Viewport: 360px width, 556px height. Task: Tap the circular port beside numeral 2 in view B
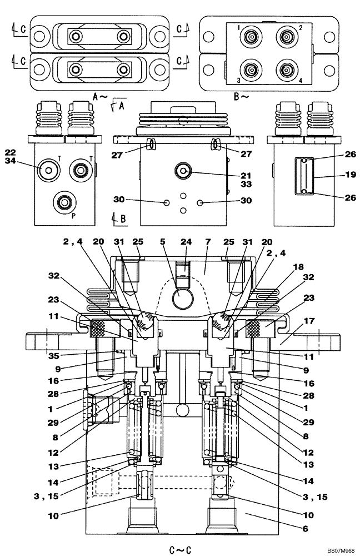coord(287,38)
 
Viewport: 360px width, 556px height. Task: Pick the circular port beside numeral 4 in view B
coord(287,71)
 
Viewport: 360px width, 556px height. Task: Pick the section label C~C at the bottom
coord(181,550)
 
